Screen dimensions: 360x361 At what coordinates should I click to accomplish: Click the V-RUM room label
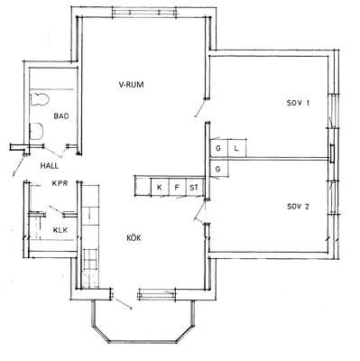click(x=131, y=85)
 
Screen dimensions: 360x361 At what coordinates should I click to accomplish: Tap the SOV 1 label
click(x=298, y=103)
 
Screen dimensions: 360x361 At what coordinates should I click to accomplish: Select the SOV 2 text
click(x=298, y=207)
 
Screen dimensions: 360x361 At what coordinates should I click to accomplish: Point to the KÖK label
click(x=134, y=237)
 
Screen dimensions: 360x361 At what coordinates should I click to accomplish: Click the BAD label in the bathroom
click(x=61, y=116)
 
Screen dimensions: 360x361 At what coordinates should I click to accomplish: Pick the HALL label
click(x=50, y=165)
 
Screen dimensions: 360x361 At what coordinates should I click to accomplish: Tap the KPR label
click(x=60, y=183)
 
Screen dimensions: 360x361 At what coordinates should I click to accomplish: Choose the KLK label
click(x=60, y=230)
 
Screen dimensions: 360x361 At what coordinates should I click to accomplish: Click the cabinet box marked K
click(x=160, y=188)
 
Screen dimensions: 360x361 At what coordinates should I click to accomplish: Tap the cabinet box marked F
click(x=177, y=188)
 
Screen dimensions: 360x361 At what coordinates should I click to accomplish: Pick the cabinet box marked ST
click(x=194, y=188)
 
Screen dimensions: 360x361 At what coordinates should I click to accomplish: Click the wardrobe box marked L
click(x=236, y=148)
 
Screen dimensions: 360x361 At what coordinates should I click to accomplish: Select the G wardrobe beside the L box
click(x=218, y=148)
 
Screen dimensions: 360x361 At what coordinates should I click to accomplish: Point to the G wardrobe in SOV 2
click(x=219, y=169)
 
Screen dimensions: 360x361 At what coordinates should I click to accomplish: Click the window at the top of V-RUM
click(x=143, y=13)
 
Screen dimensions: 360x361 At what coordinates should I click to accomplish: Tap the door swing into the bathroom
click(x=53, y=152)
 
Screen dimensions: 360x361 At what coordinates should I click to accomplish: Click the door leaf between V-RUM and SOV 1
click(x=201, y=107)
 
